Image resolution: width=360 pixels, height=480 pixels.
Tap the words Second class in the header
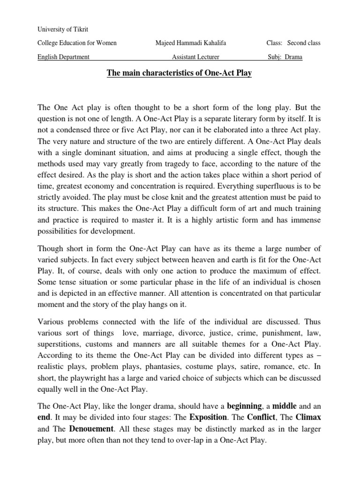(x=304, y=43)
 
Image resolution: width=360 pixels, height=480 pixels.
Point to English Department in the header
(x=63, y=58)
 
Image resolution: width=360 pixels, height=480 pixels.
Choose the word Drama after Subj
(x=293, y=58)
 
